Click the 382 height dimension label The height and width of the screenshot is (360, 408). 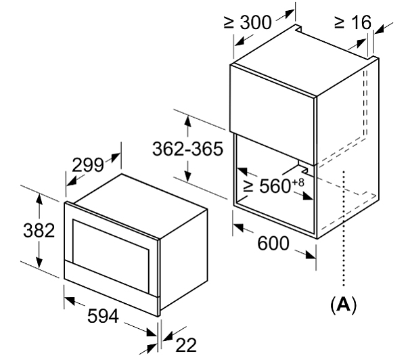click(x=39, y=230)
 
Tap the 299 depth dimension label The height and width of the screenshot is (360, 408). click(x=87, y=164)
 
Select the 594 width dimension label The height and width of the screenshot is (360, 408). click(x=102, y=316)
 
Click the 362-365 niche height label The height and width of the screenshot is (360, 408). click(x=187, y=149)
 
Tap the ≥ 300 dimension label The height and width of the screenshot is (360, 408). click(x=248, y=22)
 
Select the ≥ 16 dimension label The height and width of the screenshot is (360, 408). click(x=353, y=22)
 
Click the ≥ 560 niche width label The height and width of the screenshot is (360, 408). click(x=267, y=187)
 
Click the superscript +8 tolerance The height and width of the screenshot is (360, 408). click(x=298, y=181)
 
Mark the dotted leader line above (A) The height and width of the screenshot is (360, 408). click(x=345, y=230)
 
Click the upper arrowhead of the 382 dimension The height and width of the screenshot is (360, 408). click(x=39, y=198)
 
